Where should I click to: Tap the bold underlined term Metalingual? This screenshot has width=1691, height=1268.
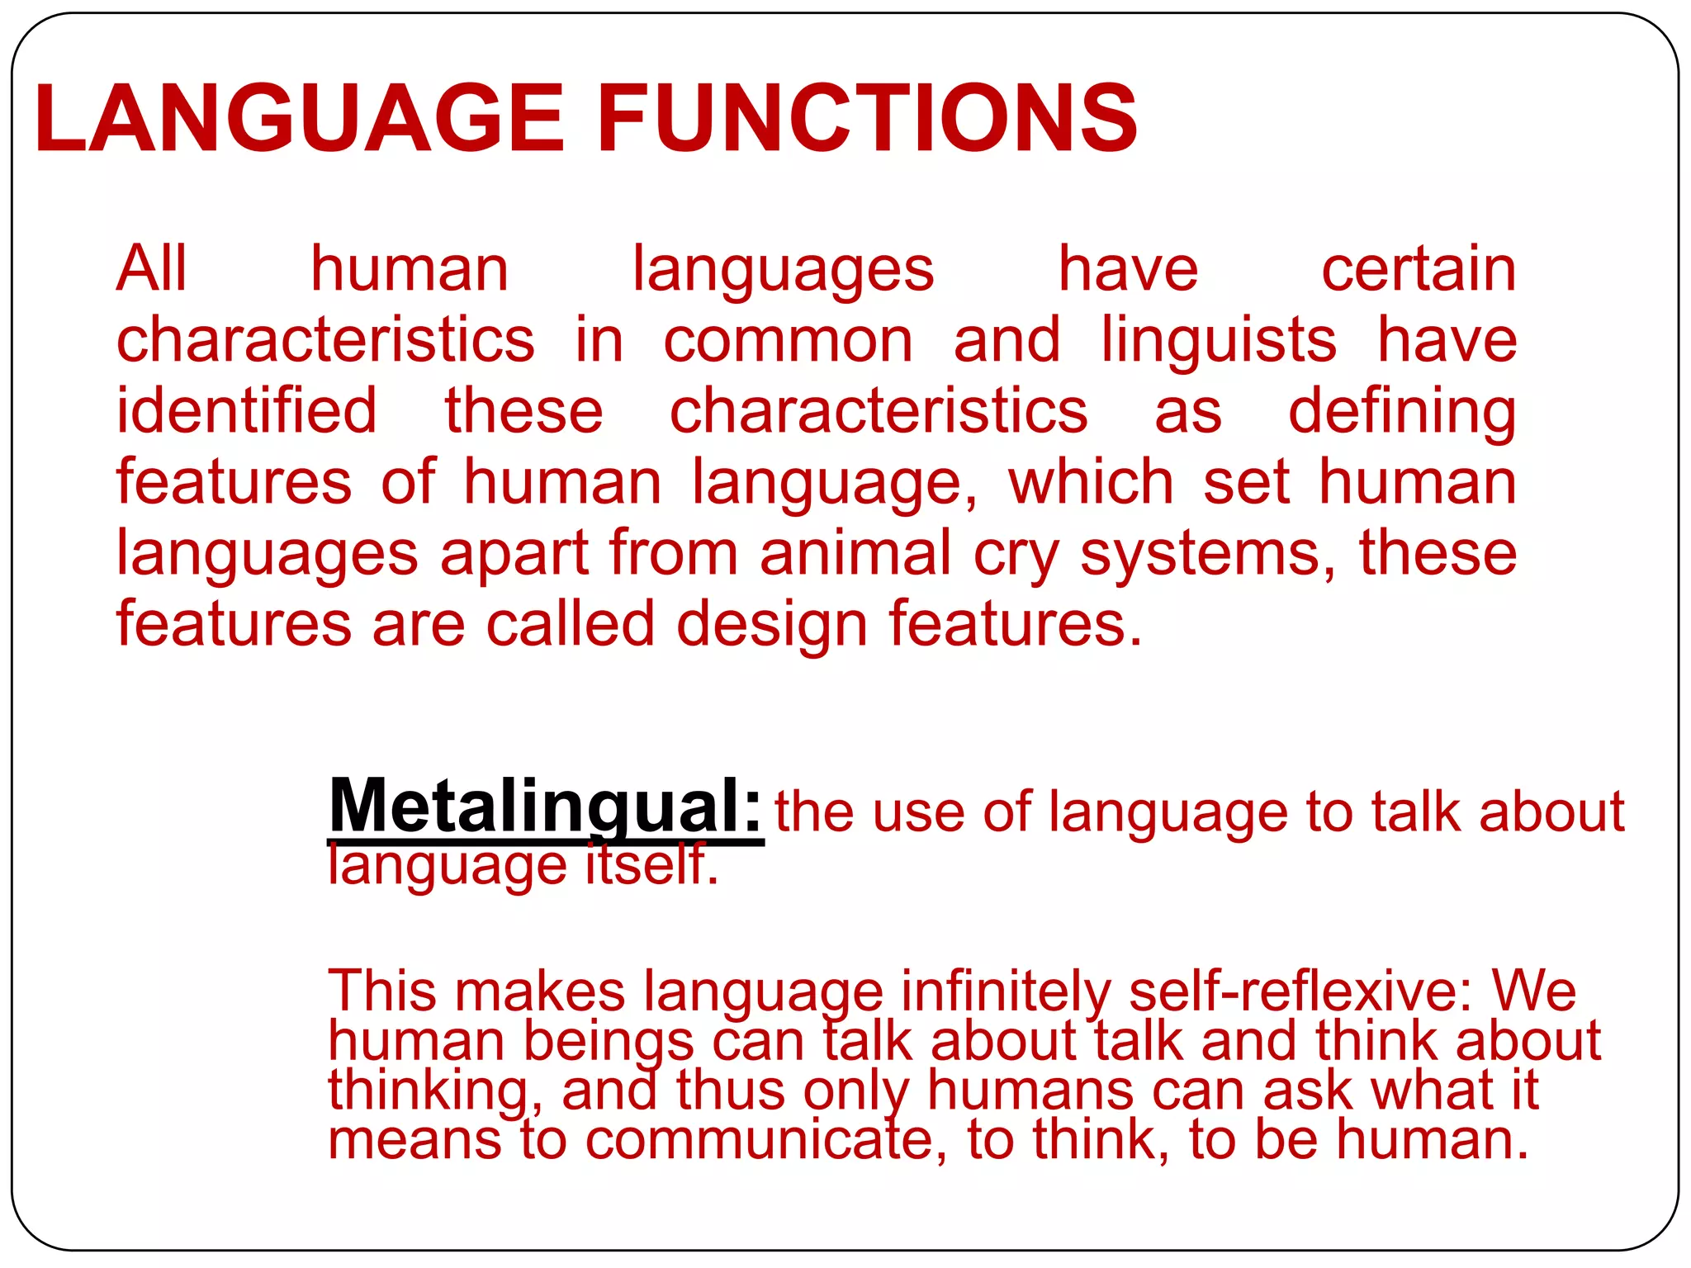pos(545,807)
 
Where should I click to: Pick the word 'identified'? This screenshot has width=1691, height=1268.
pos(246,410)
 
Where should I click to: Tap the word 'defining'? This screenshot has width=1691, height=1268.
pos(1402,412)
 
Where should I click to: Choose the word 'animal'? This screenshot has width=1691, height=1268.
pos(855,552)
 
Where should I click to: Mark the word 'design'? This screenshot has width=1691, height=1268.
pos(771,625)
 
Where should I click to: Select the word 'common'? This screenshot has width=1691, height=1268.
pos(789,341)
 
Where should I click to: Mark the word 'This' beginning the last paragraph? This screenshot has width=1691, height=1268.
pos(381,990)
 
